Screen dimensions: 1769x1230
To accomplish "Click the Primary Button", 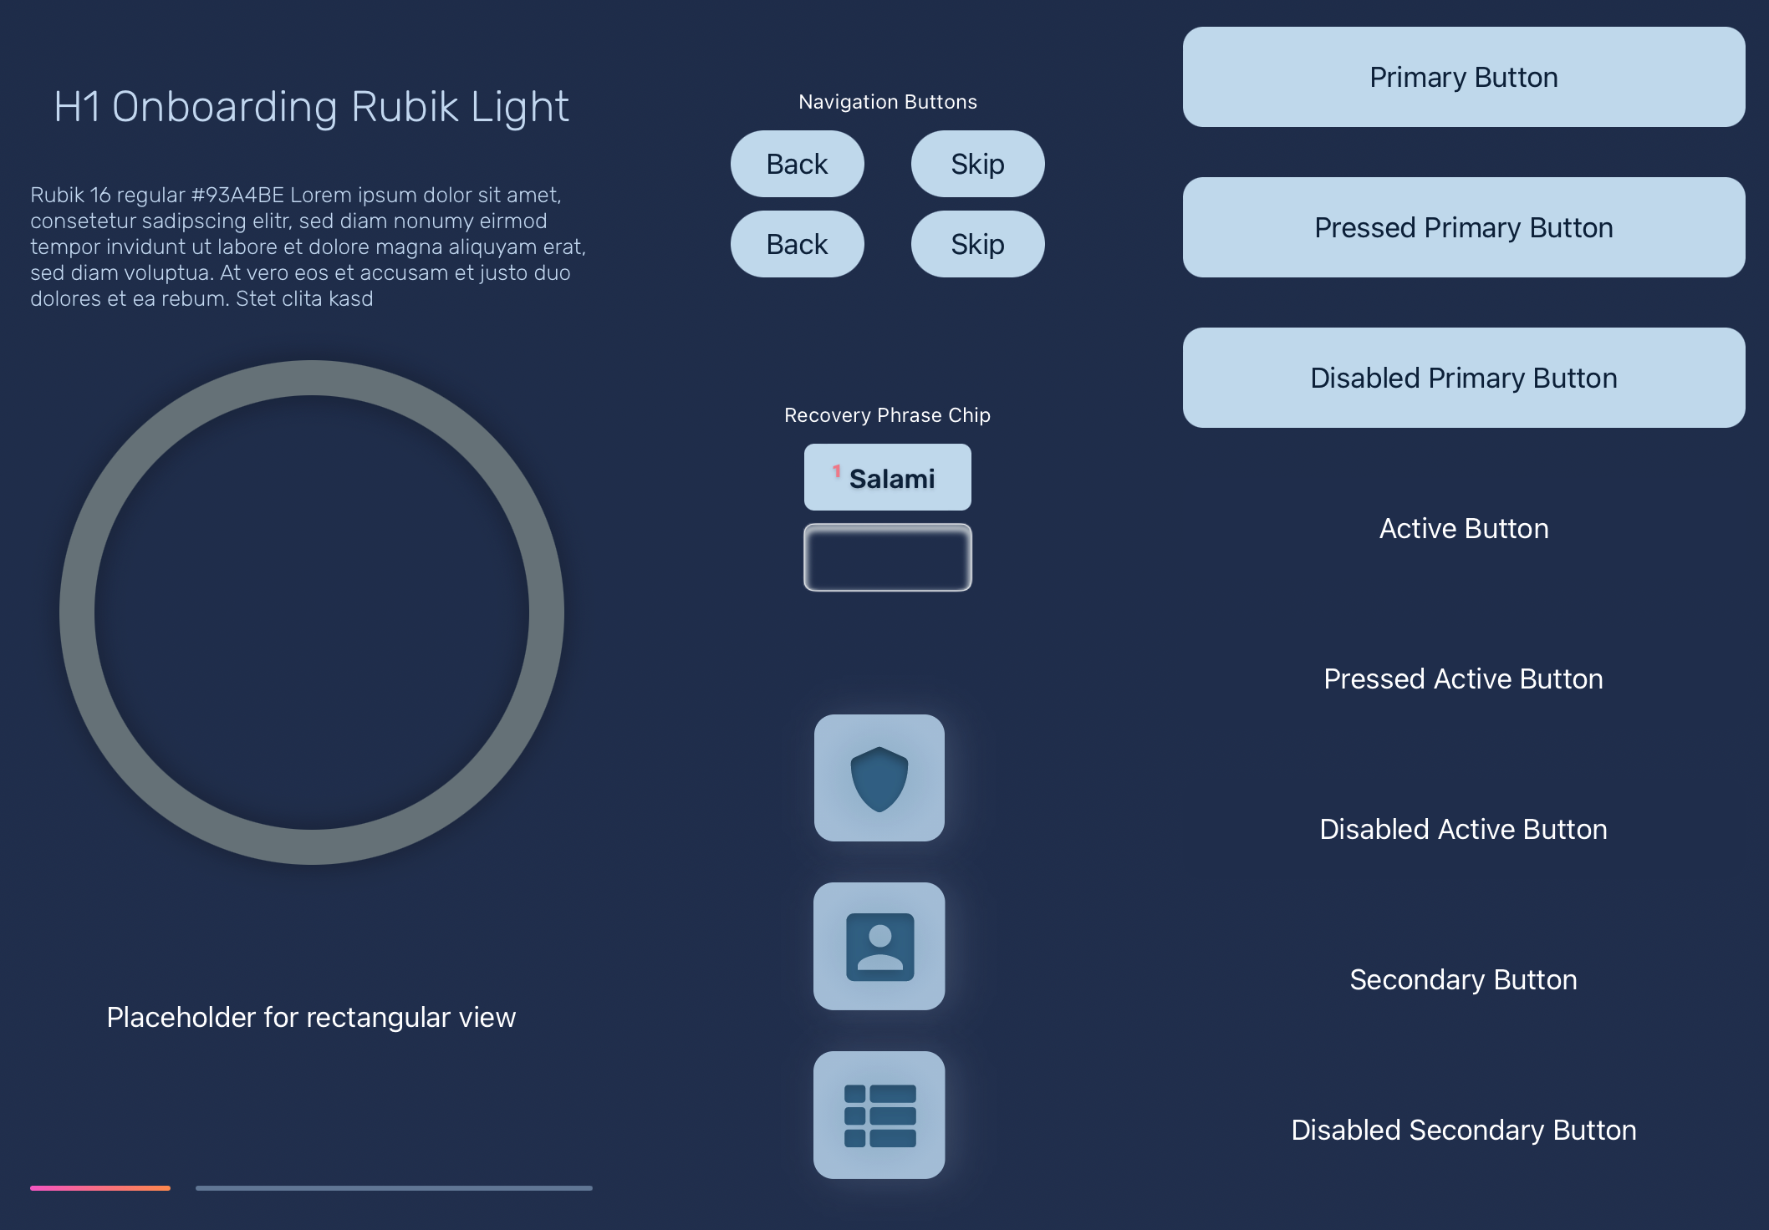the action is pos(1463,77).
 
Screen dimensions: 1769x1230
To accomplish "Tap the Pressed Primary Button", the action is pos(1463,227).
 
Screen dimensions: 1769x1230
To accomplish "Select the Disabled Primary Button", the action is pos(1463,378).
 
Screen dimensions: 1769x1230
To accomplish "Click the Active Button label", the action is pos(1463,528).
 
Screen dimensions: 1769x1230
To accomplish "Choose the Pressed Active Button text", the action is pos(1463,679).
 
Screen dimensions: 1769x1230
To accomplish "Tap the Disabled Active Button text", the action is pos(1463,829).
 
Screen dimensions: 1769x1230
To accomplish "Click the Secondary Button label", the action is pos(1463,979).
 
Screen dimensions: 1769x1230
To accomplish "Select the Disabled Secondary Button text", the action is pos(1463,1130).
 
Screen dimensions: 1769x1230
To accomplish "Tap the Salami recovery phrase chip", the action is pos(887,477).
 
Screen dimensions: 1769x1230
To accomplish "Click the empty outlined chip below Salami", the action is pos(887,557).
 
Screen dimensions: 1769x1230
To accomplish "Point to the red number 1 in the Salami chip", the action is pos(836,471).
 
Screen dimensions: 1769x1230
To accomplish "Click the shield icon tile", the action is pos(879,778).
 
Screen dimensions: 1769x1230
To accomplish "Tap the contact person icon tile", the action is pos(879,946).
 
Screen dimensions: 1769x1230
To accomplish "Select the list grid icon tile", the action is pos(879,1115).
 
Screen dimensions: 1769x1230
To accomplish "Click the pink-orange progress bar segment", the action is pos(100,1187).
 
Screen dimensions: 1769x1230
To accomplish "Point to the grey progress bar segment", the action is pos(394,1187).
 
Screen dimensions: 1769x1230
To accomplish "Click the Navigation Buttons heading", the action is pos(887,102).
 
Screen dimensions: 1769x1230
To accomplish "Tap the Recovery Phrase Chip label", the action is pos(887,415).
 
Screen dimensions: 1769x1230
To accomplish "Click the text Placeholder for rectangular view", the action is pos(311,1017).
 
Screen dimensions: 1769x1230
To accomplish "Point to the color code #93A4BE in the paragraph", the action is pos(238,195).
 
